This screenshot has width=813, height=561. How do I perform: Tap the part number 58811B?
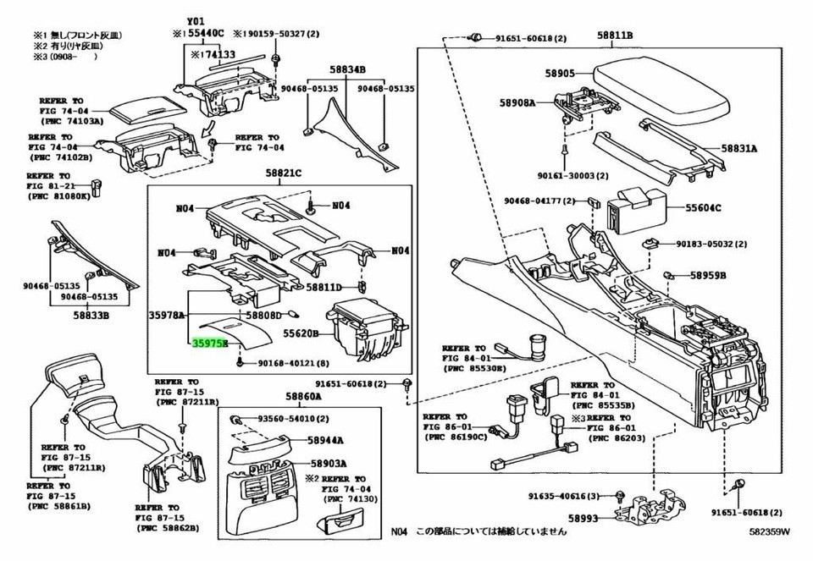[x=614, y=36]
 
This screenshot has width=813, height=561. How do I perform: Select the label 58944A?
[x=325, y=441]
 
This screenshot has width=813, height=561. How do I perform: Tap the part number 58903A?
[x=326, y=464]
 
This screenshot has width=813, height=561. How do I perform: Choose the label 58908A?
[x=517, y=102]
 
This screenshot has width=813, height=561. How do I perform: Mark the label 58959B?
[x=708, y=275]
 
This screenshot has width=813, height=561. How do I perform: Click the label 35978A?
[x=167, y=315]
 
